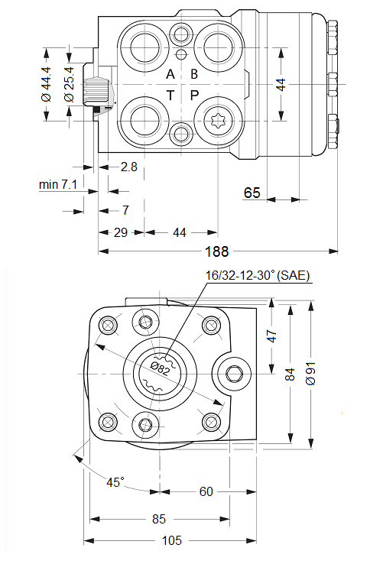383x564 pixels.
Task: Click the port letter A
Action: point(170,74)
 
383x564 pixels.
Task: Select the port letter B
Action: point(194,74)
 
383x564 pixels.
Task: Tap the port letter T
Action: point(170,96)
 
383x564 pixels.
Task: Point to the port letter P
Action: point(194,96)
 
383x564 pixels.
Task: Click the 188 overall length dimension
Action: point(216,251)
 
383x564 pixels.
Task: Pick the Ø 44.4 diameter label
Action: point(47,84)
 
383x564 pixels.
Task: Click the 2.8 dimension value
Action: point(129,167)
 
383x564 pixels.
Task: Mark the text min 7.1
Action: point(58,184)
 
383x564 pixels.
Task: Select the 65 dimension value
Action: point(252,193)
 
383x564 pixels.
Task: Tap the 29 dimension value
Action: point(121,233)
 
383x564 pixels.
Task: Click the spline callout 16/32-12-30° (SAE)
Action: point(258,276)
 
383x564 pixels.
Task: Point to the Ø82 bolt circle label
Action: point(161,368)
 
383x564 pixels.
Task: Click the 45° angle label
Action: point(115,482)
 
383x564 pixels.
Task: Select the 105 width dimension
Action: point(172,540)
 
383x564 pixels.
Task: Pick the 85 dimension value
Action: point(159,519)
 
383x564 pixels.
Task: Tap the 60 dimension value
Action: point(206,491)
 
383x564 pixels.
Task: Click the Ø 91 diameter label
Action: point(310,374)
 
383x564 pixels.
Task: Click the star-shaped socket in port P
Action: point(218,120)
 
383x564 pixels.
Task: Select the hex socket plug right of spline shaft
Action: point(232,374)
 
